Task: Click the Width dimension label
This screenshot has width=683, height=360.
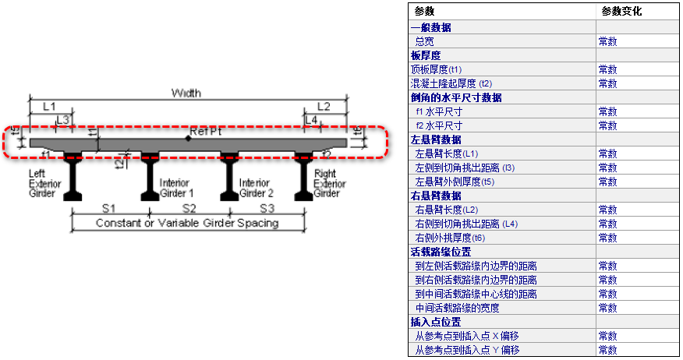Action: [186, 93]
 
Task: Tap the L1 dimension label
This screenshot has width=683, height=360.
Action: [49, 105]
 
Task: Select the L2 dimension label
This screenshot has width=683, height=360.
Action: [324, 105]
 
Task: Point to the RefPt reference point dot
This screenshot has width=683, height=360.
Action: [188, 139]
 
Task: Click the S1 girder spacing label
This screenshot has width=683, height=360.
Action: [109, 209]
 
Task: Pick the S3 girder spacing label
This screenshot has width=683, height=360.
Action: [267, 209]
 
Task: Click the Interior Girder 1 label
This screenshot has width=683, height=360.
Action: [175, 188]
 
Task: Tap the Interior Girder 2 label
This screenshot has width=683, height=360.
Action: [255, 188]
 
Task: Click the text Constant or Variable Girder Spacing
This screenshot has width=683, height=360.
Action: [186, 224]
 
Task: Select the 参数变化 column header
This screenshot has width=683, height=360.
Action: [621, 12]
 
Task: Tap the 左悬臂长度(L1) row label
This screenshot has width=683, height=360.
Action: [447, 154]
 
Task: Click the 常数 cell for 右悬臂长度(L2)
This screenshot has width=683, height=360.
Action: [608, 210]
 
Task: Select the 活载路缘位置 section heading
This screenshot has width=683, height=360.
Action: [441, 252]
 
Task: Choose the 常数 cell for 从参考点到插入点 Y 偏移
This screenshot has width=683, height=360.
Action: [608, 350]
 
